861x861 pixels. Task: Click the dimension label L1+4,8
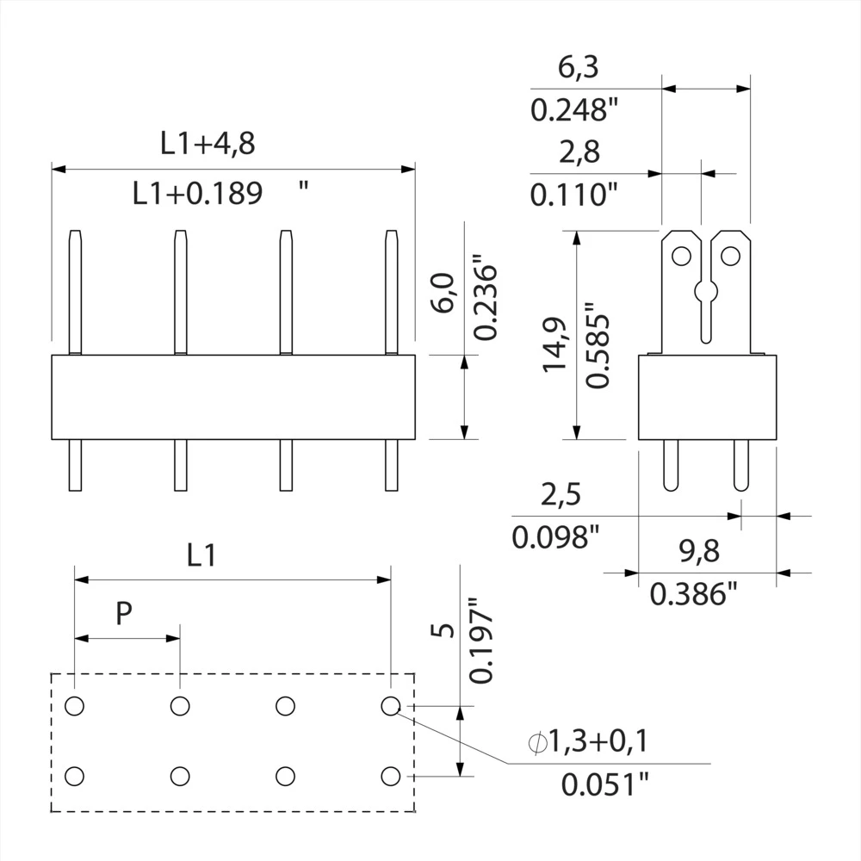(208, 144)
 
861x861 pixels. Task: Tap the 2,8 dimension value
(579, 152)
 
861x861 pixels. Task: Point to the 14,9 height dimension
(554, 344)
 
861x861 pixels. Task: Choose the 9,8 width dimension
(698, 551)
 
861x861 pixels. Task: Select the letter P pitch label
(124, 613)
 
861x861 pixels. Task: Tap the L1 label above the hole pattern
(201, 556)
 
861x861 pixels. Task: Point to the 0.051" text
(604, 784)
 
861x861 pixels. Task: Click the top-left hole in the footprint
(75, 706)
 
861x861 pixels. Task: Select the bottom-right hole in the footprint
(390, 776)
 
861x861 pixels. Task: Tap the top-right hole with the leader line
(390, 706)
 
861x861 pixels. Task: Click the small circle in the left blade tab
(681, 256)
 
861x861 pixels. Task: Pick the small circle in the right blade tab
(730, 256)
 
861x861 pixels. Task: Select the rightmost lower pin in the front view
(391, 465)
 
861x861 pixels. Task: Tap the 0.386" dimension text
(694, 594)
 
